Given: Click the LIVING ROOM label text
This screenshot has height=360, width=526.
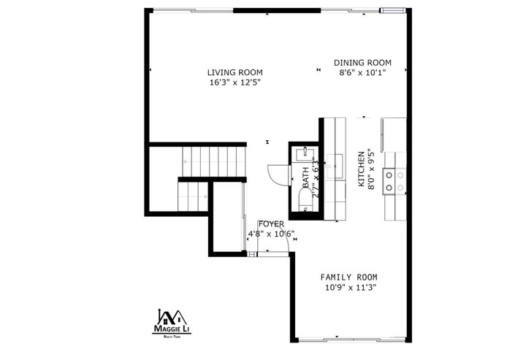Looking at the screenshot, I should point(235,72).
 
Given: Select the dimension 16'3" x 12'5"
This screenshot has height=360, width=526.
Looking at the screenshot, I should point(235,83).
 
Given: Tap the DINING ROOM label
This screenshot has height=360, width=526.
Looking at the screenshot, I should point(363,63).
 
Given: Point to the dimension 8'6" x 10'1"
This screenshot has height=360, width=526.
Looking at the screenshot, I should point(363,72).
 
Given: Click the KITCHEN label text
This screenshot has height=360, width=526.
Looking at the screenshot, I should point(361,169).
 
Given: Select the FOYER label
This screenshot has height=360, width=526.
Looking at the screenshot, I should point(271,224).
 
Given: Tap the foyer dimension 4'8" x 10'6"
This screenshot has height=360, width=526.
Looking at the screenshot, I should point(270,234).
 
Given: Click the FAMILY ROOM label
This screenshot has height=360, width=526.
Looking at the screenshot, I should point(349,277).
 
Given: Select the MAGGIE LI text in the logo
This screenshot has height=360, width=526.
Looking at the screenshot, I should point(170,329).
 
